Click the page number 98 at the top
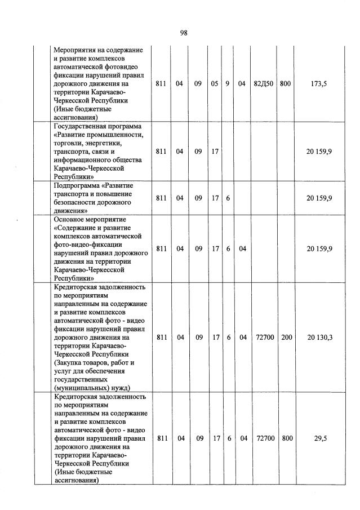click(x=183, y=33)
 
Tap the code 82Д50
click(x=264, y=84)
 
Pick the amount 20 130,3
click(x=319, y=337)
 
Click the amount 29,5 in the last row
click(x=319, y=437)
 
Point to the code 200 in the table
click(x=286, y=337)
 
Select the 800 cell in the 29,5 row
click(x=286, y=437)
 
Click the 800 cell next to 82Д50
click(x=285, y=84)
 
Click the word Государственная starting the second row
click(x=81, y=126)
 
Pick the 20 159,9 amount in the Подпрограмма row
click(x=319, y=198)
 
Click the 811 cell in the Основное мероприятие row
click(x=162, y=249)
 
